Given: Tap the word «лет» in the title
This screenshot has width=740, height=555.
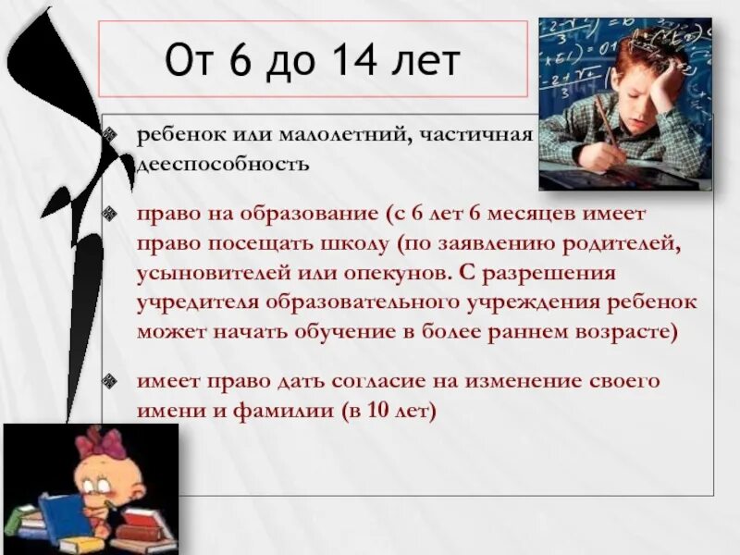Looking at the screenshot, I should click(x=421, y=63).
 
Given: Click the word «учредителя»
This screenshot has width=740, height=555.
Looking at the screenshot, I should click(x=198, y=303).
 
